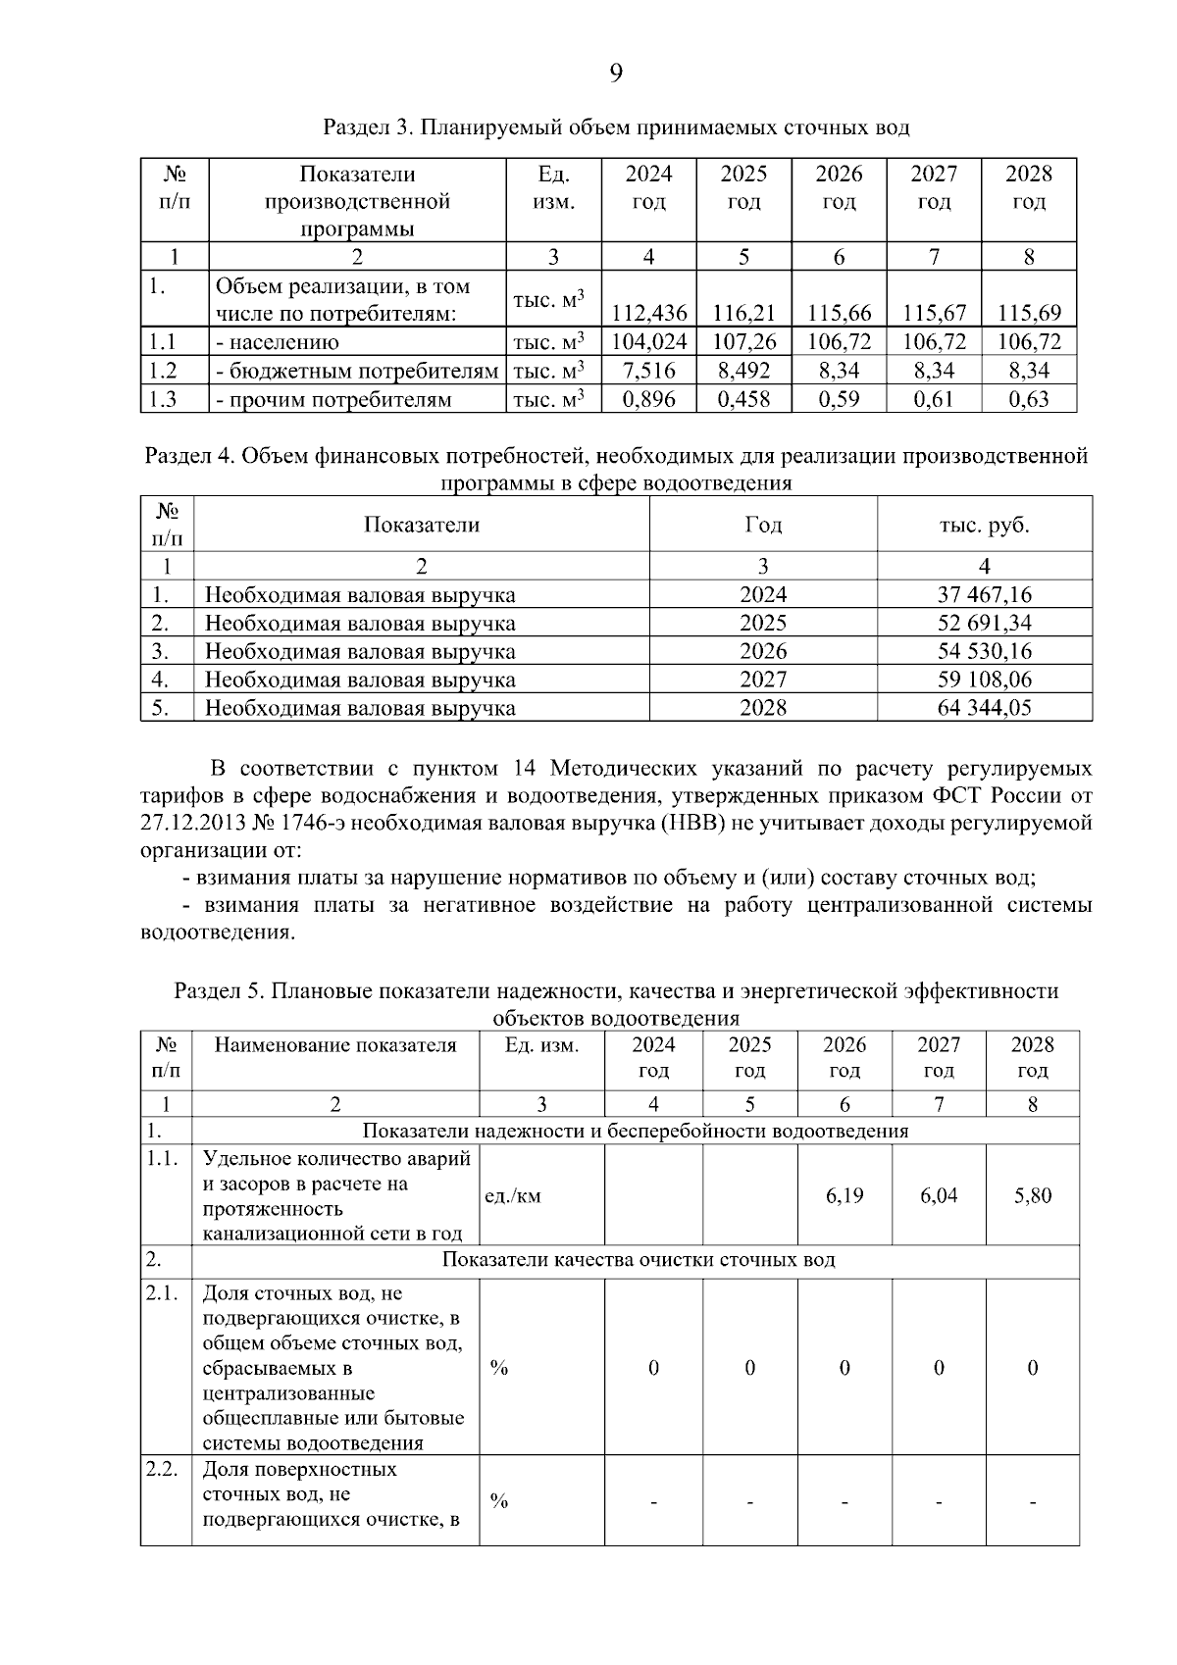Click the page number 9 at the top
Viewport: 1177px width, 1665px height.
coord(615,74)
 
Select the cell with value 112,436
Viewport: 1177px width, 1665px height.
coord(648,314)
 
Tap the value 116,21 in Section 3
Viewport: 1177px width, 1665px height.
coord(743,314)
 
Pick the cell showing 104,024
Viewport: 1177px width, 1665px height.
coord(648,342)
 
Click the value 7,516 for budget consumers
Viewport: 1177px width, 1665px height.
coord(648,371)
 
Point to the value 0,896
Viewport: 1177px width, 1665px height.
coord(648,399)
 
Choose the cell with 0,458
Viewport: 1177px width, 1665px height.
coord(743,399)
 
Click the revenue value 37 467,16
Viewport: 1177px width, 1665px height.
coord(984,594)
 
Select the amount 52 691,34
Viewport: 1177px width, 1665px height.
coord(984,623)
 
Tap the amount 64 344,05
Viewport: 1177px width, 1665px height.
coord(984,707)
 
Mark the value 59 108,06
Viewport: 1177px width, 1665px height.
coord(984,679)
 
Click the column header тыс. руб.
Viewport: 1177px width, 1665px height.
coord(984,525)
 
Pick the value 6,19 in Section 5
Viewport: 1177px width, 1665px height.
coord(844,1195)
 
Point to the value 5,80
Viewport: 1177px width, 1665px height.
coord(1032,1195)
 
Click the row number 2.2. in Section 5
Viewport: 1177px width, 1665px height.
coord(162,1469)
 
